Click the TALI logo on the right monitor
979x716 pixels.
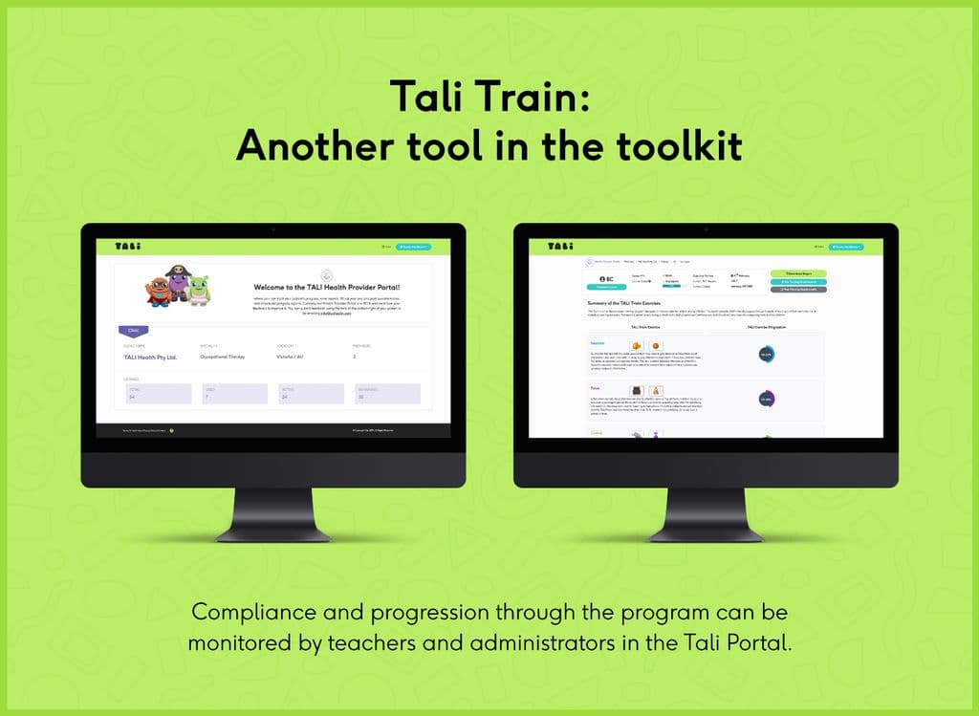[559, 247]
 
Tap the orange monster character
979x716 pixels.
[159, 291]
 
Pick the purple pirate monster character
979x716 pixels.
[179, 283]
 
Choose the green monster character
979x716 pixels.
[199, 289]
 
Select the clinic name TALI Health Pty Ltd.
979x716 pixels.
[151, 357]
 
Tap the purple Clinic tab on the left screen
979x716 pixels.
[133, 330]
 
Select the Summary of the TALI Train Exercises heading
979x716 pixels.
[623, 304]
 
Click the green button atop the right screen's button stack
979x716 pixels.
[798, 273]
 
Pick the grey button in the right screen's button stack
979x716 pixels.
[798, 289]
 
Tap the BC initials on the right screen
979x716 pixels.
[606, 278]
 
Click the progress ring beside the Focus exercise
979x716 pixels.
[766, 399]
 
